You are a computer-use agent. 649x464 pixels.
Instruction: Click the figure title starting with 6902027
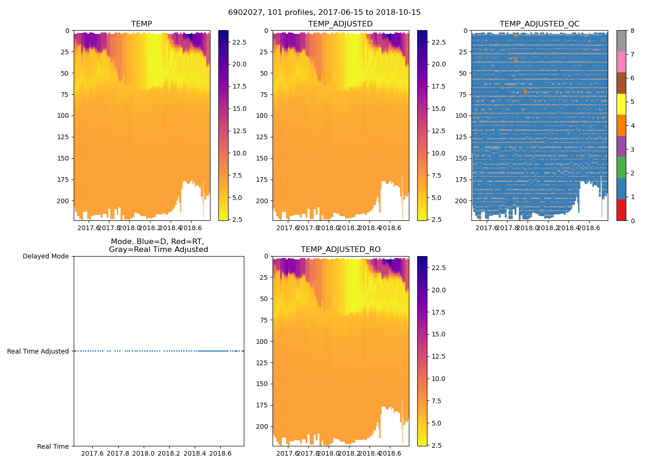[324, 13]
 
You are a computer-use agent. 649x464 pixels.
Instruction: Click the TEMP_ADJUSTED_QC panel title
[539, 24]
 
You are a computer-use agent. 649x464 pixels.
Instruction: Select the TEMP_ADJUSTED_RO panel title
[340, 250]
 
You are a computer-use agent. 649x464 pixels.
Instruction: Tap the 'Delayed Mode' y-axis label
[45, 257]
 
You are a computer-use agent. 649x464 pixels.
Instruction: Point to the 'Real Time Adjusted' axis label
[38, 352]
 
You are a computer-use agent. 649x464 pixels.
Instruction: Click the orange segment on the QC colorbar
[621, 125]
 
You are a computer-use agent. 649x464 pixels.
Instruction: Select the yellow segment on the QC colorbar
[621, 104]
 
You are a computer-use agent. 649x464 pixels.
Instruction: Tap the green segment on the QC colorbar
[621, 168]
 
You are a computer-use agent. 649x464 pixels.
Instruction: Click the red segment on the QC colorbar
[621, 210]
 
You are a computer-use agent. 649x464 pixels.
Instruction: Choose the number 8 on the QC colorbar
[632, 31]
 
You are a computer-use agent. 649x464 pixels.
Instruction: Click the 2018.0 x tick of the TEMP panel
[129, 228]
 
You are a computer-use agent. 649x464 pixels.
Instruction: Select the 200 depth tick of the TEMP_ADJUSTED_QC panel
[461, 201]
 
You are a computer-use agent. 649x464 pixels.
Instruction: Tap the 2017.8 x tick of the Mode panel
[118, 453]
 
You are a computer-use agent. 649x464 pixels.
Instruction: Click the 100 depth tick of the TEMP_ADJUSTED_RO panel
[262, 342]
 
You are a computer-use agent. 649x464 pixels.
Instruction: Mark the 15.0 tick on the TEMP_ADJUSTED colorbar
[439, 109]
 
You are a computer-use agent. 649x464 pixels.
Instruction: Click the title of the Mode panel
[158, 245]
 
